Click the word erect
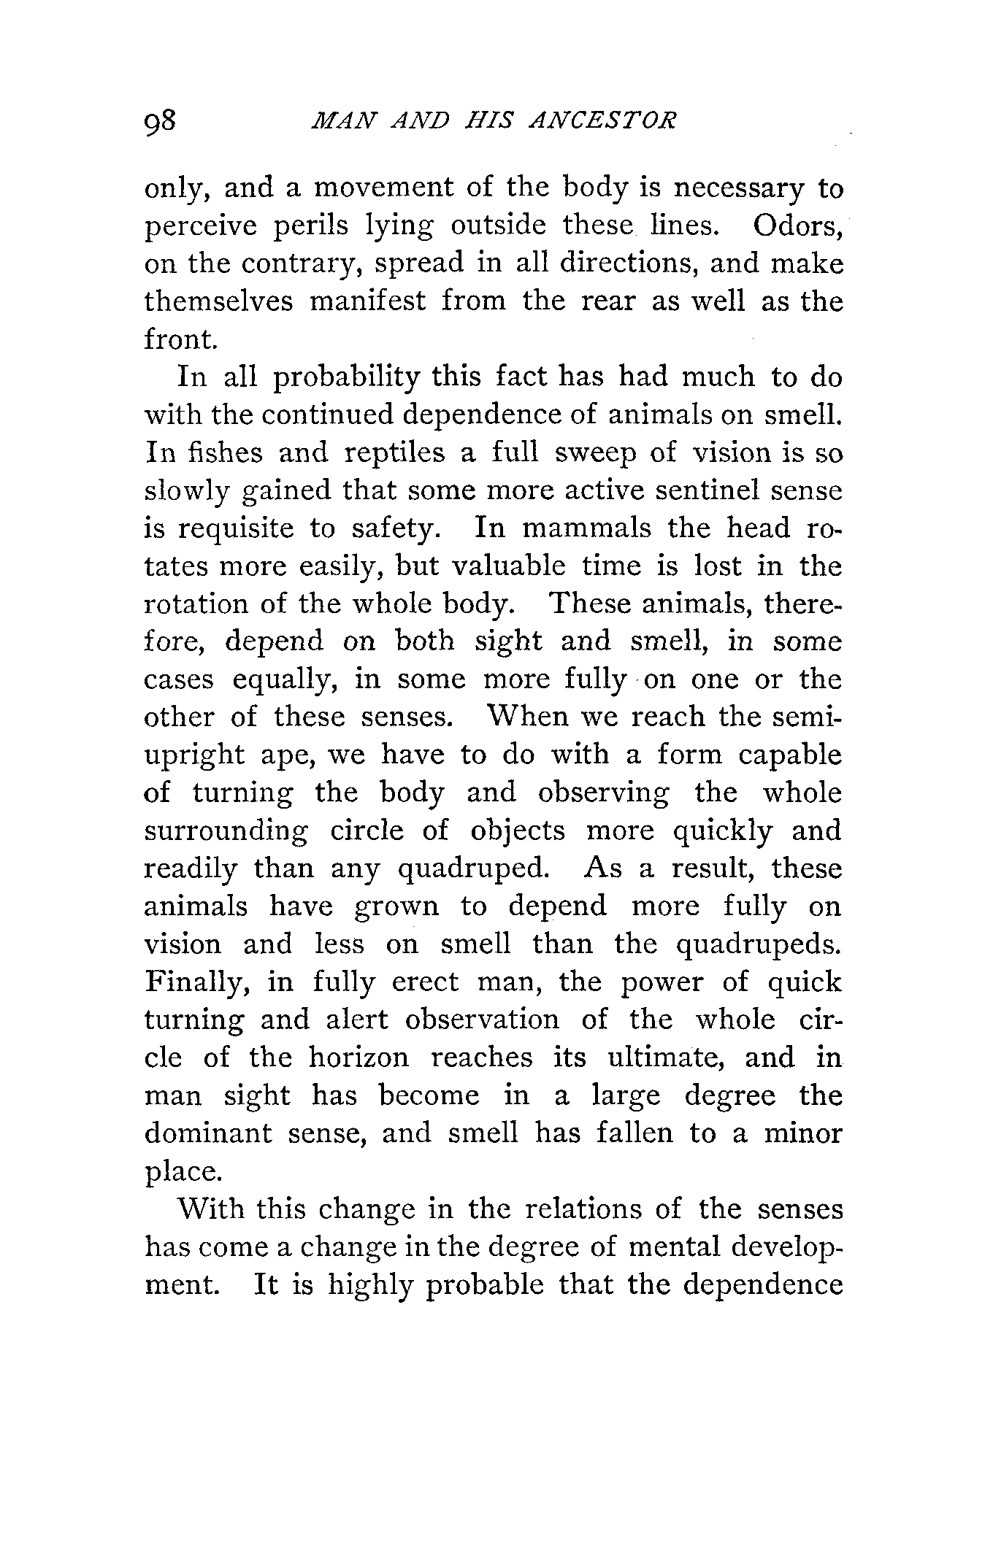point(426,982)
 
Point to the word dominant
point(208,1133)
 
